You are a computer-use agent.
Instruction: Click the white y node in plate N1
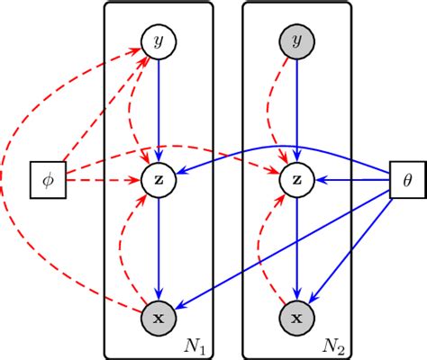tap(159, 41)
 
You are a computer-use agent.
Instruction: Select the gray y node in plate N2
tap(296, 41)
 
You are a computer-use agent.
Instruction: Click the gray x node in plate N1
tap(159, 318)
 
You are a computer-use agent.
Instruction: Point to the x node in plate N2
tap(296, 318)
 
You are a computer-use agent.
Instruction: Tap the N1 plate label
tap(195, 345)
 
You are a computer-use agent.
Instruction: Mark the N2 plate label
tap(332, 345)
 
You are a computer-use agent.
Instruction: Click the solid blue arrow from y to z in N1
tap(159, 108)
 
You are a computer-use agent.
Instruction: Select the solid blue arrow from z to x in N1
tap(159, 247)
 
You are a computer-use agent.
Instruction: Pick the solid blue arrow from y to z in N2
tap(296, 108)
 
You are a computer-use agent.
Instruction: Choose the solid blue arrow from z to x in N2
tap(296, 247)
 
